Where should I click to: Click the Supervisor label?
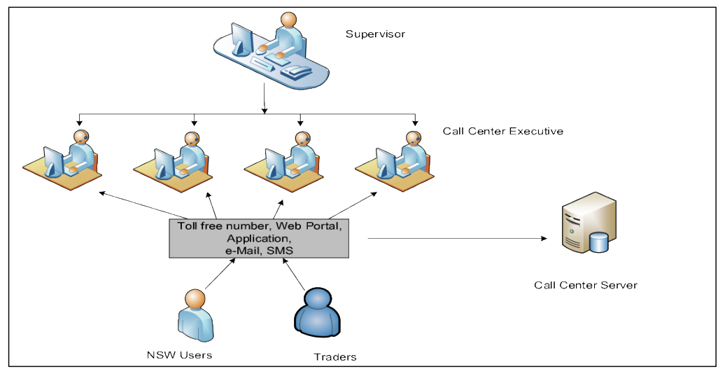tap(375, 34)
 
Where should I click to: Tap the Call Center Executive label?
tap(503, 132)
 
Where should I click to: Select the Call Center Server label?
tap(585, 286)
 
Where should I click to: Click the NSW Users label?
tap(179, 355)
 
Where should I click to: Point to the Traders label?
tap(335, 357)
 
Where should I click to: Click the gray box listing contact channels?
tap(259, 238)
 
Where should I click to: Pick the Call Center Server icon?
tap(589, 223)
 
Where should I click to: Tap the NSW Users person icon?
tap(195, 316)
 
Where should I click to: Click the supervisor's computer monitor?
tap(241, 39)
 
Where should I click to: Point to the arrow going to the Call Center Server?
tap(457, 239)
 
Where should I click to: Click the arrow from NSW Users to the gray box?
tap(220, 274)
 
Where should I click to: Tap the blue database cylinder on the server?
tap(599, 243)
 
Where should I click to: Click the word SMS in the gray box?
tap(280, 251)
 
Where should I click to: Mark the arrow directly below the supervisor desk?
tap(264, 98)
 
